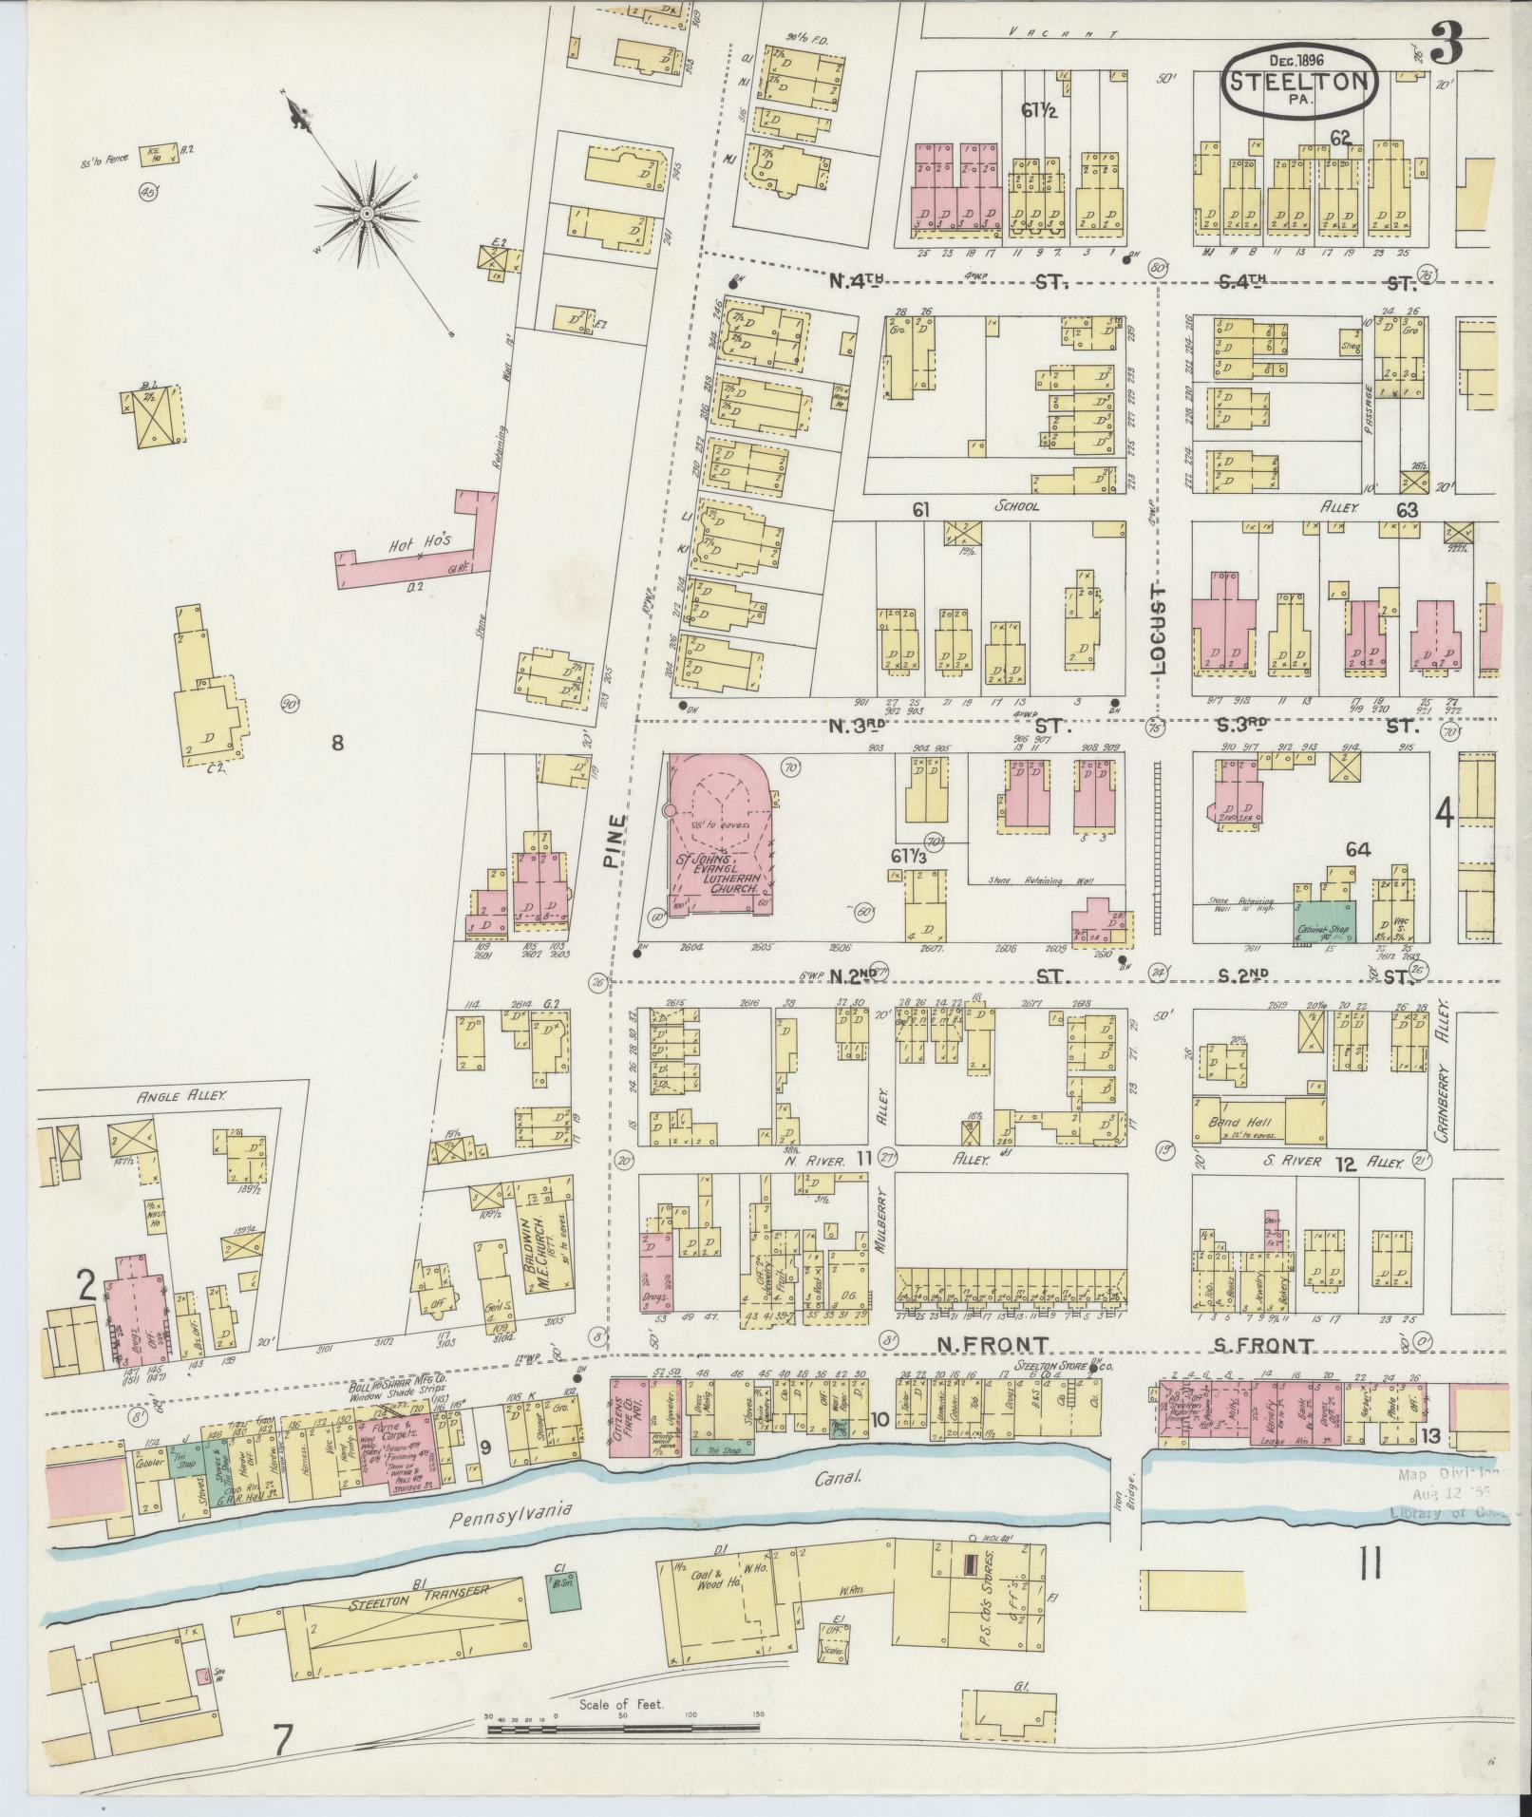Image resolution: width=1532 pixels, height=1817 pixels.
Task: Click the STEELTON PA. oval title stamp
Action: click(x=1299, y=82)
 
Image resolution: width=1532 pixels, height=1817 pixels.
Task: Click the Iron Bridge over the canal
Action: click(x=1126, y=1482)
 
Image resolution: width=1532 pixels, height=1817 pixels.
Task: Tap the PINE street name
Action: click(x=615, y=842)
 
